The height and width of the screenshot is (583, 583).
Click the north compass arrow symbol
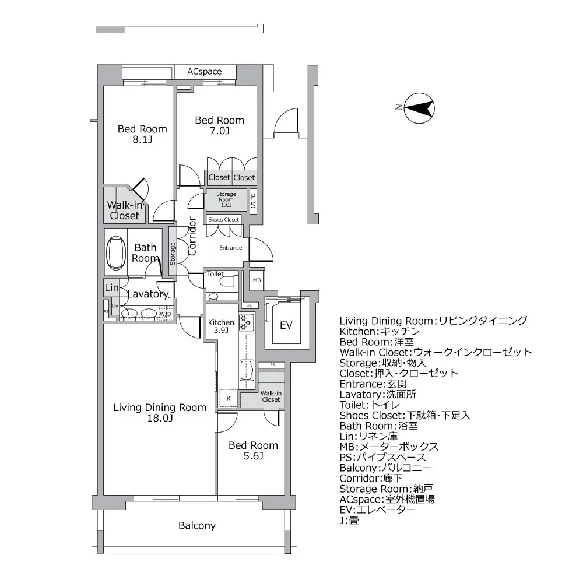[x=420, y=108]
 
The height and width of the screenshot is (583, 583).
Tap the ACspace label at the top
[x=204, y=72]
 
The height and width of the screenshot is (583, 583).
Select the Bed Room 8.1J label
[x=142, y=134]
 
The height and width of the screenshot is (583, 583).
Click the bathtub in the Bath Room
[x=117, y=254]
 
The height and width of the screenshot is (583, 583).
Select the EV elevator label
[x=286, y=325]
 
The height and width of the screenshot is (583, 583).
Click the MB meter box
[x=257, y=280]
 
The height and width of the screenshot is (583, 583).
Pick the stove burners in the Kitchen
[x=245, y=322]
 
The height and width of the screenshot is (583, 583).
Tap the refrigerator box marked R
[x=229, y=399]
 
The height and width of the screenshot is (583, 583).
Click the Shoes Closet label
[x=223, y=220]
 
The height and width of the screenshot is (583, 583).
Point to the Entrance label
[x=230, y=248]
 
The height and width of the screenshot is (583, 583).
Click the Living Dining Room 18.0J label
[x=160, y=413]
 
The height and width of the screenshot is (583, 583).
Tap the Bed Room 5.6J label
[x=253, y=451]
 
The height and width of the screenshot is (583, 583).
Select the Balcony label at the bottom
[x=197, y=526]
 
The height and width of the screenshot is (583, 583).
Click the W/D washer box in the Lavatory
[x=166, y=314]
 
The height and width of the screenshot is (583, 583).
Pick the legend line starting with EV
[x=377, y=510]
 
